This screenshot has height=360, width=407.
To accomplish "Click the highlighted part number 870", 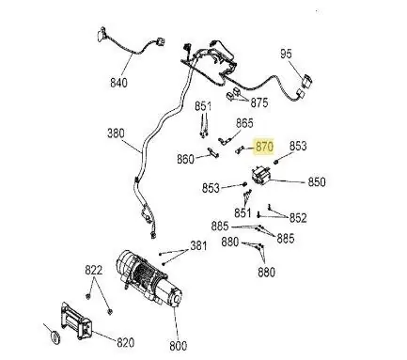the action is point(264,147).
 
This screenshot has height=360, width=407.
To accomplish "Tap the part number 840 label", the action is point(118,83).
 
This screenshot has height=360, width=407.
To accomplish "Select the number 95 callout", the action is point(286,54).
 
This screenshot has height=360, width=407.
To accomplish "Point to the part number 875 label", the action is point(259,102).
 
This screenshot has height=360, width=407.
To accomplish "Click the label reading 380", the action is point(116,133).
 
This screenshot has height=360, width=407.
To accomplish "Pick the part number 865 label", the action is point(244,123).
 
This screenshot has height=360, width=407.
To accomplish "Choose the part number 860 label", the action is point(185,159).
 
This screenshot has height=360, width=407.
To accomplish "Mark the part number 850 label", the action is point(317,182).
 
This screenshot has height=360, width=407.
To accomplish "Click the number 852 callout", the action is point(298,218).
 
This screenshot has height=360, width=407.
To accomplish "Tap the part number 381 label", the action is point(198,246).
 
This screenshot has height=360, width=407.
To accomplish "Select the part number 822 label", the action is point(93,270).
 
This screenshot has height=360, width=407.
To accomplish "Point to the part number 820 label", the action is point(125,342).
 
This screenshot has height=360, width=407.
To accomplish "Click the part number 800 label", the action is point(178,346).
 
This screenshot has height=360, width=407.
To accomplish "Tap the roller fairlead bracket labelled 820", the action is point(76,322).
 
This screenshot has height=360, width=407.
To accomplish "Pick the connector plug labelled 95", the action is point(306,81).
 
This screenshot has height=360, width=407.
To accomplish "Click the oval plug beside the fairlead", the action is point(55,337).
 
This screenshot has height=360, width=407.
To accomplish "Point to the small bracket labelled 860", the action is point(213,152).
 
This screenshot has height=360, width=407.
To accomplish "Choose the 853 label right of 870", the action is point(298,146).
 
